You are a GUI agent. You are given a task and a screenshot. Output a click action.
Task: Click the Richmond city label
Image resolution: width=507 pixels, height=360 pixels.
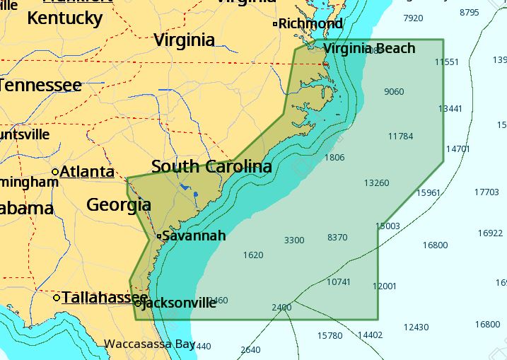click(x=310, y=24)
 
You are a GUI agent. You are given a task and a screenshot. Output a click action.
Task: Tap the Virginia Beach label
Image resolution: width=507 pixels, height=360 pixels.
click(x=369, y=48)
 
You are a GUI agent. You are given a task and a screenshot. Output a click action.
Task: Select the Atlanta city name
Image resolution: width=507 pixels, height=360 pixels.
click(x=87, y=172)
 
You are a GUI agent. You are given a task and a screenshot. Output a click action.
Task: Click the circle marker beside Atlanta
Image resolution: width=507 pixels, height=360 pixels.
click(x=55, y=172)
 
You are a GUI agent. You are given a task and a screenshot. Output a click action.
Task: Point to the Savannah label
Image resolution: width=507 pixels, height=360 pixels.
click(x=194, y=236)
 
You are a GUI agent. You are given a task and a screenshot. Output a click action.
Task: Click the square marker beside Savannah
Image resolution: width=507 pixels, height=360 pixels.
click(x=158, y=236)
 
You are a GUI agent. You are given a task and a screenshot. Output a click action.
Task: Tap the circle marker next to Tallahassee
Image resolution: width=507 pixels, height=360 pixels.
click(x=57, y=298)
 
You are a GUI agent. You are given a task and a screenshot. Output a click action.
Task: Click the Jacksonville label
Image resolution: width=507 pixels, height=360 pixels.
click(x=180, y=303)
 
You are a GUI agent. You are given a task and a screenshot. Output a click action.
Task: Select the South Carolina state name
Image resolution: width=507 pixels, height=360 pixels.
click(x=211, y=167)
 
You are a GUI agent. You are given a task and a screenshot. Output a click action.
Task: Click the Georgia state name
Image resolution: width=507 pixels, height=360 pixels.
click(x=118, y=205)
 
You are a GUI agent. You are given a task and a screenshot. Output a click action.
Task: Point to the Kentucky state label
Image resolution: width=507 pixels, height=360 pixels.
click(x=65, y=18)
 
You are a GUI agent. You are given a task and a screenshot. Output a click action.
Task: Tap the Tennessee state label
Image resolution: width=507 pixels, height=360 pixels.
click(x=40, y=86)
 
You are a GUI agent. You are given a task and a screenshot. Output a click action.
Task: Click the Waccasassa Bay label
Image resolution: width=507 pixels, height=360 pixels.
click(x=149, y=344)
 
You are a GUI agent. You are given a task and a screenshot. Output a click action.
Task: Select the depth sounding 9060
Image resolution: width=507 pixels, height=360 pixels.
click(x=394, y=92)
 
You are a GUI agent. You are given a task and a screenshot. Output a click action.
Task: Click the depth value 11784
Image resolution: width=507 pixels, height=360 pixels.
click(x=400, y=137)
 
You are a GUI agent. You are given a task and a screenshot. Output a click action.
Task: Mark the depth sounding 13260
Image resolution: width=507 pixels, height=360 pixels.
click(x=376, y=183)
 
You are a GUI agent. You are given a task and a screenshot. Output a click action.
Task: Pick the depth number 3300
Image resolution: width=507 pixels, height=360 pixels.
click(x=293, y=240)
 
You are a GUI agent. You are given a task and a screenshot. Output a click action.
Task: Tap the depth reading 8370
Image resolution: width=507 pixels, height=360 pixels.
click(x=337, y=238)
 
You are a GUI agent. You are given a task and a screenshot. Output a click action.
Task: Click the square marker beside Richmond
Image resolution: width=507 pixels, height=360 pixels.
click(x=275, y=24)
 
